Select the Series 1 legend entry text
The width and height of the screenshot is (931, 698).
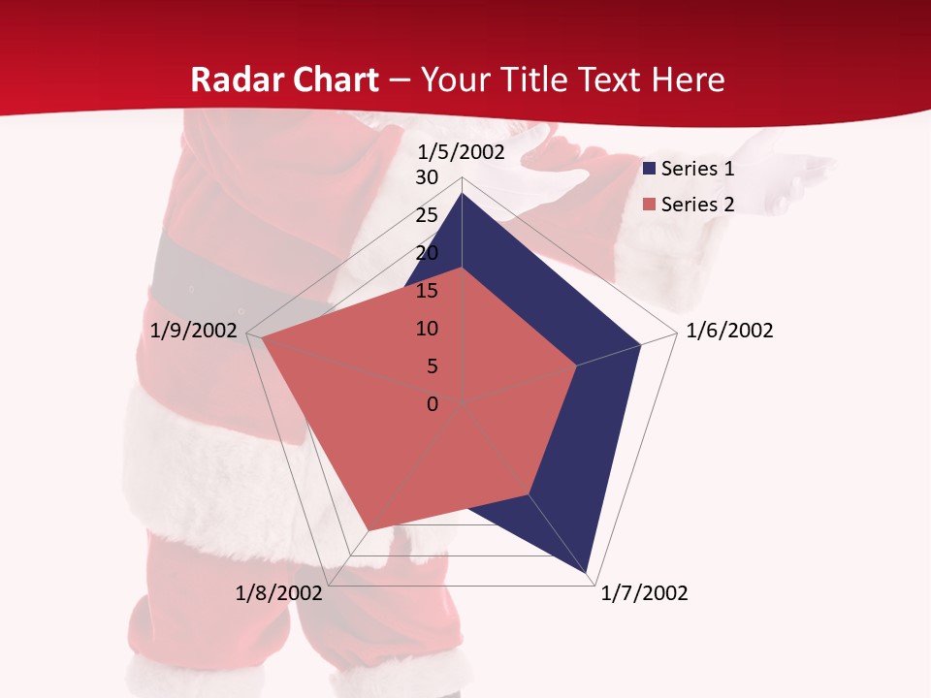[697, 169]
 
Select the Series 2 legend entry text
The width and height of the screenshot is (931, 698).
[697, 205]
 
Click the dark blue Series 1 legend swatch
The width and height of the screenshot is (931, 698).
[650, 170]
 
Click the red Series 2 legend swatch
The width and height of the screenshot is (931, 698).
[650, 205]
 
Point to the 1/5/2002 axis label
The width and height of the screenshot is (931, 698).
[462, 151]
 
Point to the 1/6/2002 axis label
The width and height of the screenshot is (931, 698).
[729, 331]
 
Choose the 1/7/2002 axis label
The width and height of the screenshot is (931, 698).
[644, 593]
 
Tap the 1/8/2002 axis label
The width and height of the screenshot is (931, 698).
[279, 593]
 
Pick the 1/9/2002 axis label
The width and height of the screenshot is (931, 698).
[194, 331]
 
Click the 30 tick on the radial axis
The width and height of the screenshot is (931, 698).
[427, 177]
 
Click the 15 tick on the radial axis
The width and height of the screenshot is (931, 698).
[427, 291]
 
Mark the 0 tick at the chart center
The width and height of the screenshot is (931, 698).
[433, 403]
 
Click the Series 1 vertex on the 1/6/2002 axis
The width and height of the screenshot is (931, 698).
[640, 344]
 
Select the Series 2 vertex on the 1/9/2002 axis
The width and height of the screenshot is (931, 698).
[262, 338]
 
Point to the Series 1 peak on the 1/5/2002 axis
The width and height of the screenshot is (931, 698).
[462, 193]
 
